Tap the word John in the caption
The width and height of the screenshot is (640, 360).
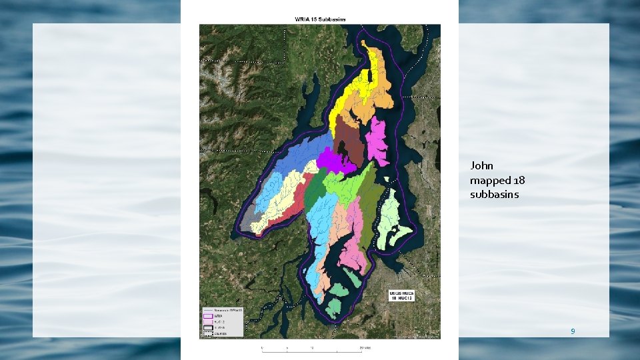point(481,165)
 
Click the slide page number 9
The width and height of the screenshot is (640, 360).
point(572,331)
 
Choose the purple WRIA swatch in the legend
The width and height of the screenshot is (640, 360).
point(208,317)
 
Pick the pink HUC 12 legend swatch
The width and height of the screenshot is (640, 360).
point(208,322)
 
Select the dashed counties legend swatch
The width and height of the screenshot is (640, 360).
point(208,333)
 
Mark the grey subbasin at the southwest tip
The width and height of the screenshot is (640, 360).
point(247,219)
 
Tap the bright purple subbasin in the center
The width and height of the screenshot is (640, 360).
point(329,161)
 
